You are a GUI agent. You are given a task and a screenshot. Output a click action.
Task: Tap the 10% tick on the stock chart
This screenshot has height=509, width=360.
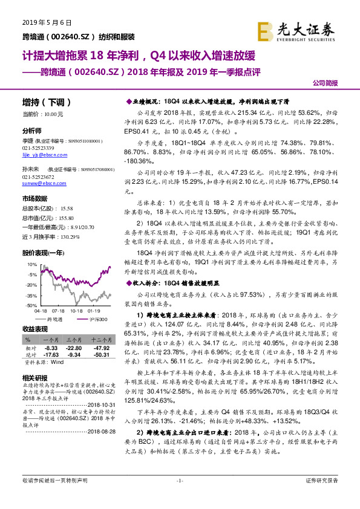30,264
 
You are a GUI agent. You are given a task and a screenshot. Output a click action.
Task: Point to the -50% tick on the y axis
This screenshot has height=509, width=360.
29,306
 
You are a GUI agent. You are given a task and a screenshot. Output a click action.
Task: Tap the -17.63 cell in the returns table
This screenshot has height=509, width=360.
50,355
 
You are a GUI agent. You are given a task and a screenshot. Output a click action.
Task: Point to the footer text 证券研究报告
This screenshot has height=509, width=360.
322,497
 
